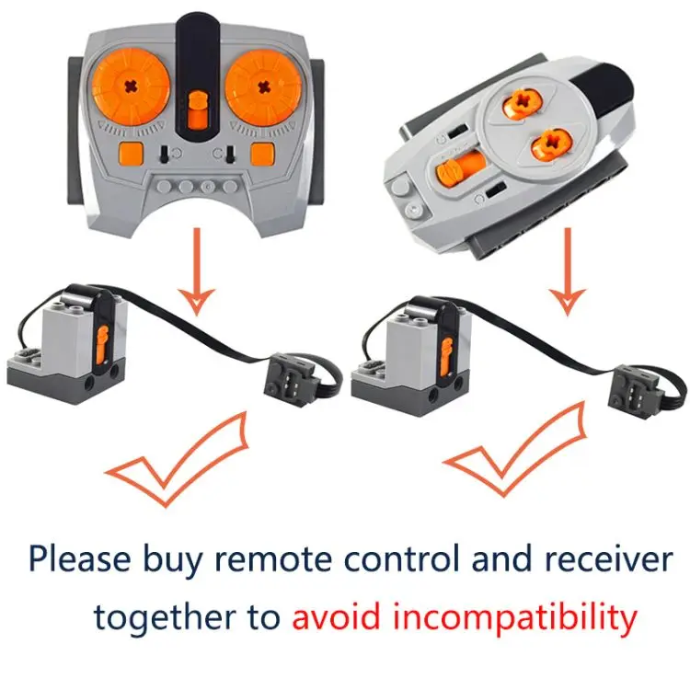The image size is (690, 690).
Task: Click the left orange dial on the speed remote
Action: pos(131,86)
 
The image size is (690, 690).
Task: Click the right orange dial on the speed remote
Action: pos(264,87)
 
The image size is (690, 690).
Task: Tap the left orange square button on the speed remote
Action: pos(132,153)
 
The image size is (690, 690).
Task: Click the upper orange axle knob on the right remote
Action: pos(523,103)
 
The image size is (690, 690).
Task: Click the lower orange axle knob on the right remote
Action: pos(551,144)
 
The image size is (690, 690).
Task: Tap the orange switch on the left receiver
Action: pos(102,345)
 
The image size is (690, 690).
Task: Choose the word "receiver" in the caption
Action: pos(609,558)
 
